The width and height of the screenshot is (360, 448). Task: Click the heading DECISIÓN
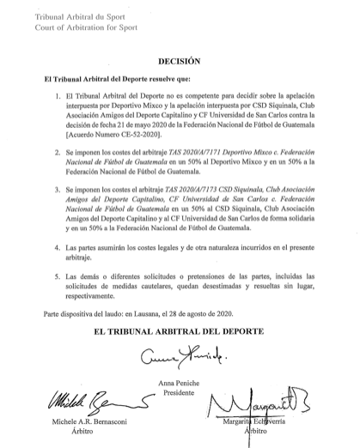coord(179,62)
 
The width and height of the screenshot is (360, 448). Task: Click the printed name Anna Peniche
coord(179,380)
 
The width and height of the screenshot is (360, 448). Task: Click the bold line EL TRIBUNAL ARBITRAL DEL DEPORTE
coord(179,331)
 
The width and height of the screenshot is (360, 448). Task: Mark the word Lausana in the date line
coord(162,312)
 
